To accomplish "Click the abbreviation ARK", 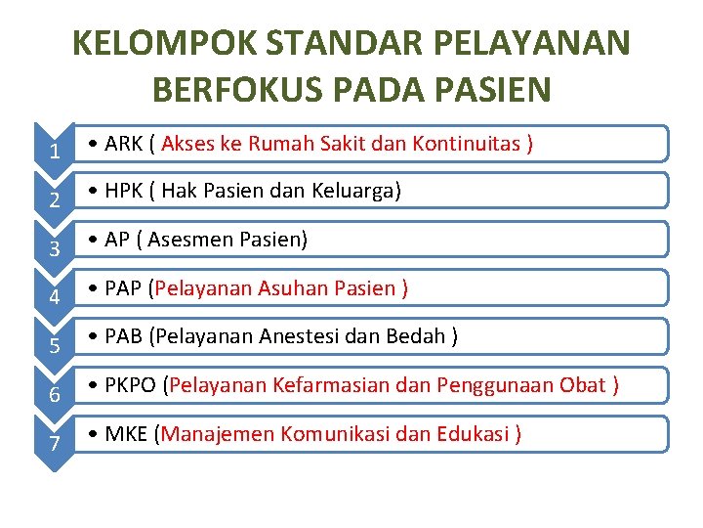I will (x=123, y=144).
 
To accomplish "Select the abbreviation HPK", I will (x=124, y=192).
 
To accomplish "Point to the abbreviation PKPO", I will (x=130, y=385).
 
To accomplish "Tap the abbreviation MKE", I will (x=126, y=433).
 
